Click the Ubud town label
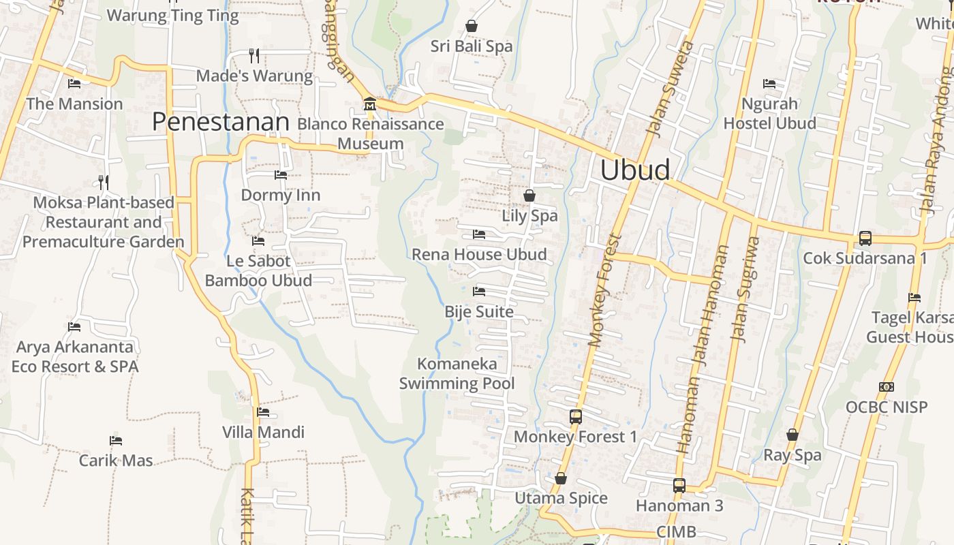634,170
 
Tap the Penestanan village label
220,122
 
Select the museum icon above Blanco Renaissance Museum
370,104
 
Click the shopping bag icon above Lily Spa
529,196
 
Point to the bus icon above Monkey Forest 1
576,416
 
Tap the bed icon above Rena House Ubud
479,234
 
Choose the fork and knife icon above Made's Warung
254,55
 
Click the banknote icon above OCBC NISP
886,387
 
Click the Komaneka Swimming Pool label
457,373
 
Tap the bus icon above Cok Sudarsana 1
865,238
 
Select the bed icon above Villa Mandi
263,412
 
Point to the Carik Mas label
116,461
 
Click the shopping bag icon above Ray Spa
793,435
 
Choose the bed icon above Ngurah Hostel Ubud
769,84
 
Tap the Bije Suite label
479,312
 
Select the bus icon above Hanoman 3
679,486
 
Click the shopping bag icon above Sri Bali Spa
472,27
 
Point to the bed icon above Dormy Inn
281,175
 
